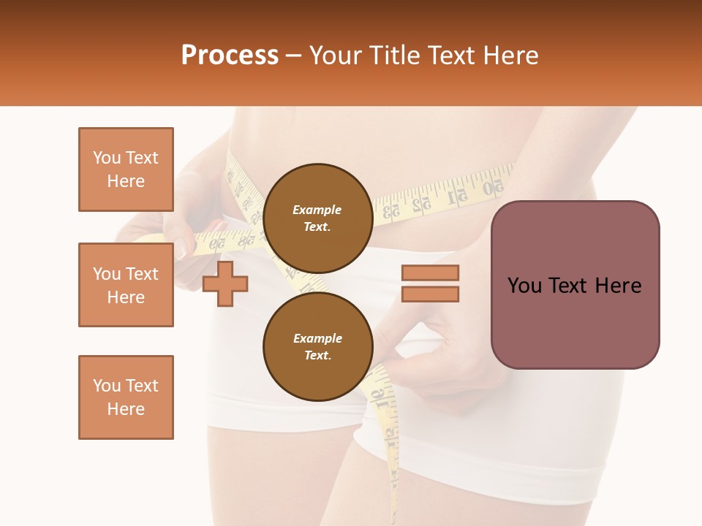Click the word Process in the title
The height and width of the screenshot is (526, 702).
(230, 56)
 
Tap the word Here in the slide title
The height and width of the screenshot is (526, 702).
(511, 56)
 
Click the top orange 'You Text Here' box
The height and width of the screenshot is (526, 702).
(126, 169)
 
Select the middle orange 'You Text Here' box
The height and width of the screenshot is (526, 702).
(126, 285)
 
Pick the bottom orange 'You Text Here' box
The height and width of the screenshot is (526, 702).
(126, 397)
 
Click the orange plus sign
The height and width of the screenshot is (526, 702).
(225, 283)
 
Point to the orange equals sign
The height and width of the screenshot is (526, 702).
(431, 283)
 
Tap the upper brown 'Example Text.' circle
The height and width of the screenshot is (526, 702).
(317, 218)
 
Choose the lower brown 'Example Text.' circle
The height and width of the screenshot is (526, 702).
(317, 347)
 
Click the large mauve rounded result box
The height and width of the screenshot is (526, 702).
(575, 285)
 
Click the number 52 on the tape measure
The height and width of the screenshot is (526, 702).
(421, 205)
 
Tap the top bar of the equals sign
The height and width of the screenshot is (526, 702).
(431, 273)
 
